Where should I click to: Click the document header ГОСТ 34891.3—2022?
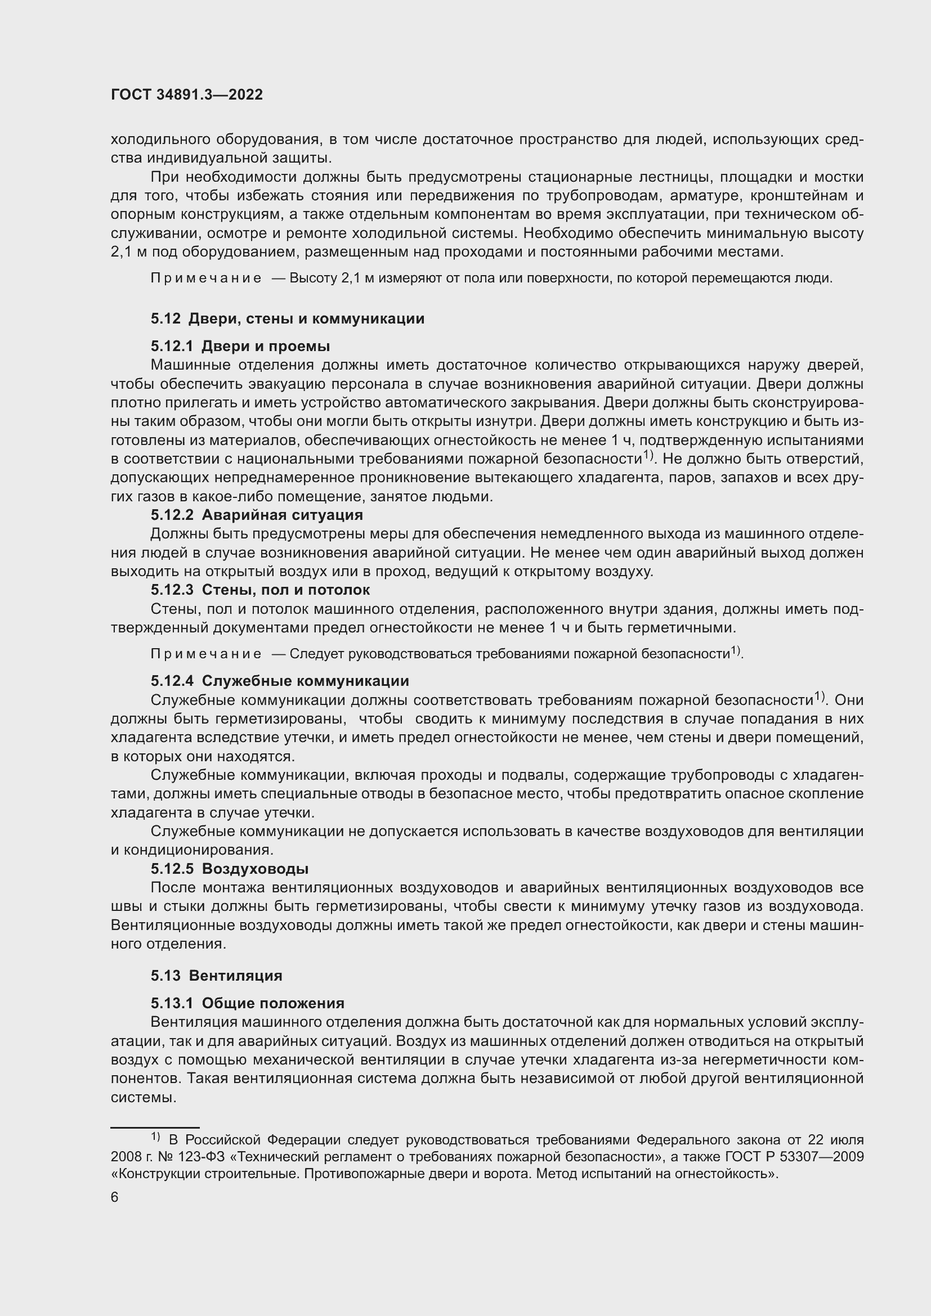(187, 95)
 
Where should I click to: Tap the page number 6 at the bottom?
(115, 1197)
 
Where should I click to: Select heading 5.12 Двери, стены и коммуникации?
(287, 318)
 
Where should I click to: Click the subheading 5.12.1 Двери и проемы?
(240, 346)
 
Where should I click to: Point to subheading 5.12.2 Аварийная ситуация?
(256, 515)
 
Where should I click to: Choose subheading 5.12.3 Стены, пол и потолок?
(260, 590)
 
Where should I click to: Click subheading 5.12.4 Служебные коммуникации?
(280, 681)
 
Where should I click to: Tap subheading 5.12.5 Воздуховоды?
(229, 869)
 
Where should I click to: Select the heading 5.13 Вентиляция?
(216, 976)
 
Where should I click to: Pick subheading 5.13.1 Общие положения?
(248, 1003)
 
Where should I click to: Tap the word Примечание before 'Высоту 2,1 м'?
(206, 279)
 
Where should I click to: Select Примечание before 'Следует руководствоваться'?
(206, 654)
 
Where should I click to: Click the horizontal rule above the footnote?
(155, 1127)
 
